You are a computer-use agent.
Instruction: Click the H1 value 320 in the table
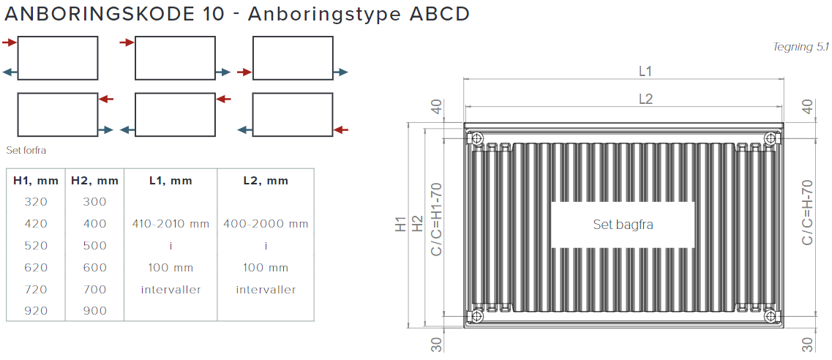[36, 202]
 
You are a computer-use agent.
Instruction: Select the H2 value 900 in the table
[94, 311]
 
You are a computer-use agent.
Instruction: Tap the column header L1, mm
[170, 180]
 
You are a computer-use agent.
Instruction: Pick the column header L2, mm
[266, 180]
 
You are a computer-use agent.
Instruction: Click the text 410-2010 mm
[170, 224]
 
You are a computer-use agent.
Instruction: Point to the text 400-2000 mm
[266, 224]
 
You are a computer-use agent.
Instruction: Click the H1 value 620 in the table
[36, 268]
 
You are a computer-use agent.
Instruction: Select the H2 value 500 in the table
[94, 246]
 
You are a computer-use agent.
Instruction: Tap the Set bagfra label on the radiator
[623, 225]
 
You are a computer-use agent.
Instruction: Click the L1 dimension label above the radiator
[645, 71]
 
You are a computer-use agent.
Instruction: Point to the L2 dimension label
[645, 99]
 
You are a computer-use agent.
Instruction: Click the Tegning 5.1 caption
[800, 48]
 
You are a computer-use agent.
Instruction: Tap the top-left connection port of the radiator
[477, 138]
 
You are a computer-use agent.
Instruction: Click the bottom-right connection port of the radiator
[770, 315]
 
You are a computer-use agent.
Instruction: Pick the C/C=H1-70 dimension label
[436, 220]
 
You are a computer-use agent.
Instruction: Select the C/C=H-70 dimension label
[807, 212]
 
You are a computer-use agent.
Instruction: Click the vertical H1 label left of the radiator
[401, 225]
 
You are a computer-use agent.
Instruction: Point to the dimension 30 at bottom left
[436, 345]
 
